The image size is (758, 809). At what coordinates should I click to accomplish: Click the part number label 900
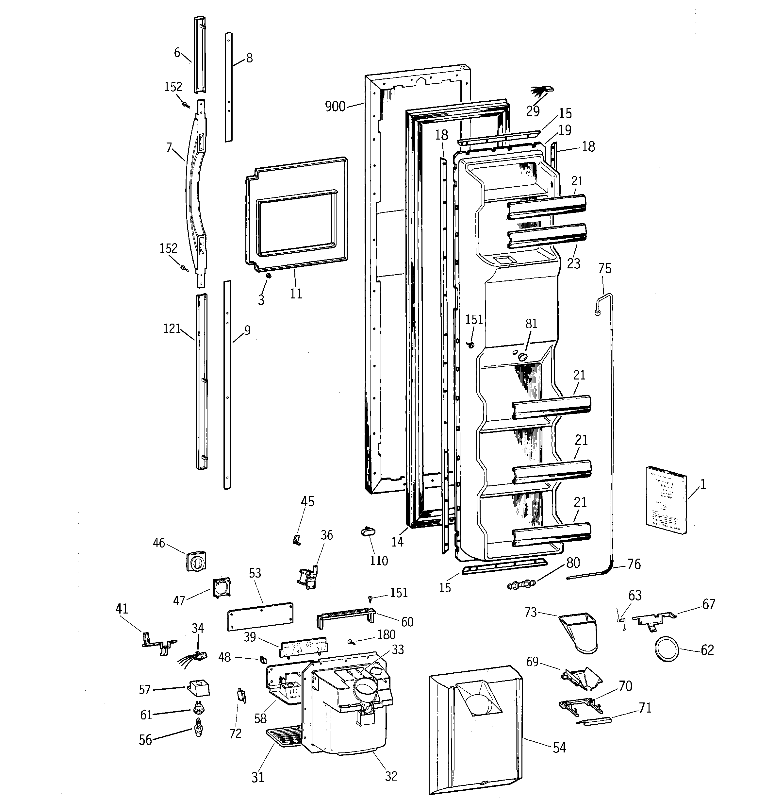pos(335,107)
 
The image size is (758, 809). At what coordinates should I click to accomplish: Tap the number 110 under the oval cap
pos(378,561)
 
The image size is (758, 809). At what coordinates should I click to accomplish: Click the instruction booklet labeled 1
pos(666,499)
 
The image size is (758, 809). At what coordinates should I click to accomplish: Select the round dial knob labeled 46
pos(196,562)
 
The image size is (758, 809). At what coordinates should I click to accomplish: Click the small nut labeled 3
pos(268,276)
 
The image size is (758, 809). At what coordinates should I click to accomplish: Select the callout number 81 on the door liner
pos(531,324)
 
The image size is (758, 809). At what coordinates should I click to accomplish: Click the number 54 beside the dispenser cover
pos(559,748)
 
